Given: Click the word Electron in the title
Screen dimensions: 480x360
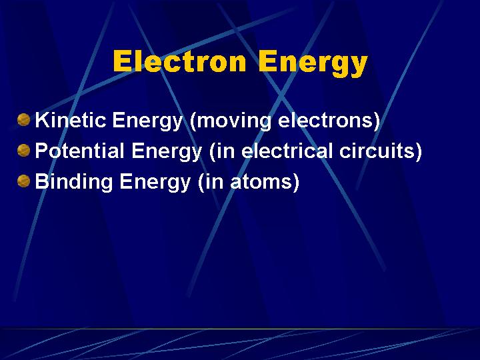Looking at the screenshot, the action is click(180, 61).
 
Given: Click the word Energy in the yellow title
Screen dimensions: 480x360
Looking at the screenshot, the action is click(313, 64).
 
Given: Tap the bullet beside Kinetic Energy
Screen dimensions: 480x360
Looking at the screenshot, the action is click(23, 119).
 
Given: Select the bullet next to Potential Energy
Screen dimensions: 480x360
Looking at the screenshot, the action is click(23, 150).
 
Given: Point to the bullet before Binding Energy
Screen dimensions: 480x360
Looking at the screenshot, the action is click(23, 181).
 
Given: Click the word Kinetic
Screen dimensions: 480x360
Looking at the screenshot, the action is click(71, 120).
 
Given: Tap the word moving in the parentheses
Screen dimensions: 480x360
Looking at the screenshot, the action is click(234, 121).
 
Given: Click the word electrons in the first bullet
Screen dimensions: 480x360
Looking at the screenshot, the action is click(325, 120).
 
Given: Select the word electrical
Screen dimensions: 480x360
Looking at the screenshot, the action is click(287, 150).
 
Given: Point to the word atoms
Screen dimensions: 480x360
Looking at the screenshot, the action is click(260, 181).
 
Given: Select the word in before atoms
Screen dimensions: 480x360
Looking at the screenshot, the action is click(214, 181).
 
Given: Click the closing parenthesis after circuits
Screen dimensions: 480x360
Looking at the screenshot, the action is click(418, 151).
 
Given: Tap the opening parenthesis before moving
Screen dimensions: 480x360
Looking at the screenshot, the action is click(193, 121).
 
